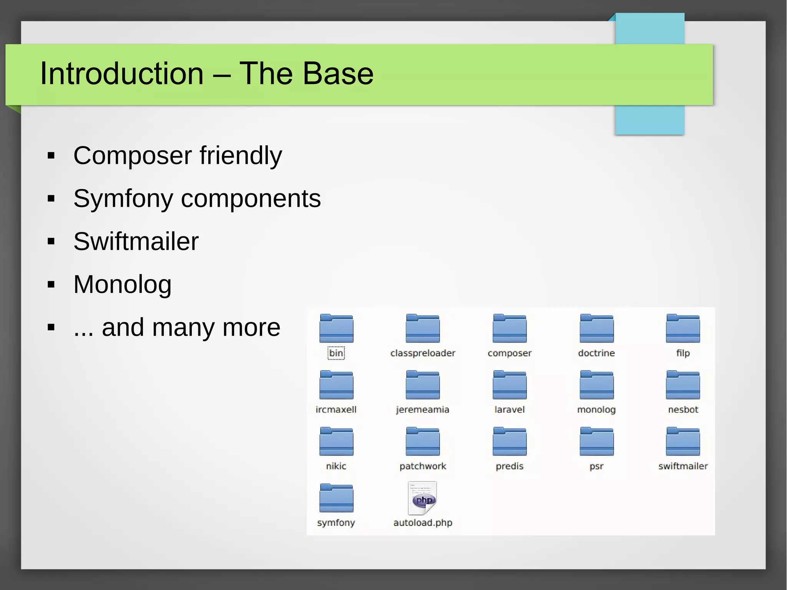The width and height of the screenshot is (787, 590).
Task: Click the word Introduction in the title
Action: (x=121, y=73)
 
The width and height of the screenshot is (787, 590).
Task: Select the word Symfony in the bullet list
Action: (x=123, y=199)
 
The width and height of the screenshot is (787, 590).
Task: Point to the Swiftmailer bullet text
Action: (x=136, y=242)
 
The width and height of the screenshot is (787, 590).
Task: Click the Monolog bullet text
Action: (x=122, y=285)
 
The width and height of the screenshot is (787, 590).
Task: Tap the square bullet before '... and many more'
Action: (x=51, y=327)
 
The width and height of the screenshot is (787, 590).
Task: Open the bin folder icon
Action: (x=336, y=329)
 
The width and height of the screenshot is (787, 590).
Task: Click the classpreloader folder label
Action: (x=423, y=353)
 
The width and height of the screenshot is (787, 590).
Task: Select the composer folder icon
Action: (x=510, y=329)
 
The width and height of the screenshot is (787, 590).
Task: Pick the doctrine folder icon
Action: (x=596, y=329)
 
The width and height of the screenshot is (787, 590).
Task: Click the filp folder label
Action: (x=683, y=353)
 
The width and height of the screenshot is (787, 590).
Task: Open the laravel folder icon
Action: (x=510, y=386)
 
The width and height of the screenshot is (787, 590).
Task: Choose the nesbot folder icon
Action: (x=683, y=386)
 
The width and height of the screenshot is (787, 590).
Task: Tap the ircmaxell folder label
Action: (x=336, y=410)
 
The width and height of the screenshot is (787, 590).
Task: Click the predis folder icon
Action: (x=510, y=442)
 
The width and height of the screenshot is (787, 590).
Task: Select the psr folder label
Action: (x=596, y=466)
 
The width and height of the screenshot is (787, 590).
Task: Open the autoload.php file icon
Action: (x=423, y=499)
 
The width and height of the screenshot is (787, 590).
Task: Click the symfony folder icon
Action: (x=336, y=499)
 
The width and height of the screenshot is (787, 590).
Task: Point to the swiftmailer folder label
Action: (x=683, y=466)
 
